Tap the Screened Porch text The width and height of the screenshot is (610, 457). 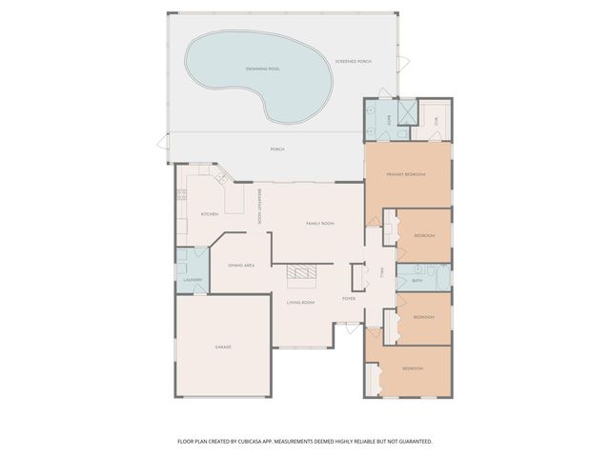click(x=353, y=62)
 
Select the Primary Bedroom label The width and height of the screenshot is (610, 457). click(x=405, y=175)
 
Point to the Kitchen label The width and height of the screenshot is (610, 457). click(x=210, y=214)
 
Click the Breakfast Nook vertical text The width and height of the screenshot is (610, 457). click(x=258, y=206)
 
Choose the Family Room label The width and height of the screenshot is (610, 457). click(x=319, y=223)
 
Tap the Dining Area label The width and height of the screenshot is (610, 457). click(x=241, y=265)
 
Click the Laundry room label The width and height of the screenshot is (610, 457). click(x=193, y=279)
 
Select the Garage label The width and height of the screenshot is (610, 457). click(x=223, y=347)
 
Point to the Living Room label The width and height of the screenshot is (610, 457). click(x=301, y=302)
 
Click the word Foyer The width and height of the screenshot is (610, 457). click(x=350, y=298)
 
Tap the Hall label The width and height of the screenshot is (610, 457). click(x=381, y=272)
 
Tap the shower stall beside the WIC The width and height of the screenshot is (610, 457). click(x=407, y=114)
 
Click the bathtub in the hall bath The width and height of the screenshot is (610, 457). click(x=441, y=279)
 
